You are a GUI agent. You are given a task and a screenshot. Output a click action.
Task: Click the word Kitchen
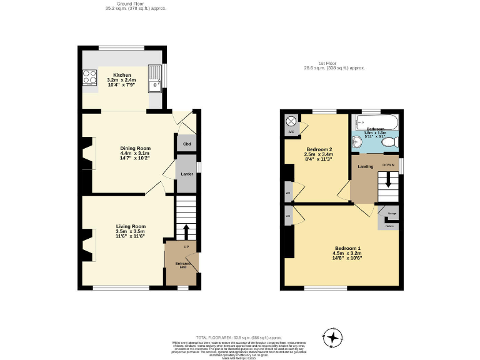coord(122,75)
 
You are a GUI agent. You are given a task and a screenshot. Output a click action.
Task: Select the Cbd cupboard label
coord(186,144)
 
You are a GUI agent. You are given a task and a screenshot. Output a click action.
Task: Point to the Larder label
coord(186,173)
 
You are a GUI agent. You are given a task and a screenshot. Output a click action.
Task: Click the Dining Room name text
coord(134,148)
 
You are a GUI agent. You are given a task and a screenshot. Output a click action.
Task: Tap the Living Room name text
coord(131,226)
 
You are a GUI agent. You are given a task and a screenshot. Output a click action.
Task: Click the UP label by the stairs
coord(186,246)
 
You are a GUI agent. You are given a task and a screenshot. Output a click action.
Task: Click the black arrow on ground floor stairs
coord(186,232)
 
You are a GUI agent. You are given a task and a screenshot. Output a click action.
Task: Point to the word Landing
coord(366,167)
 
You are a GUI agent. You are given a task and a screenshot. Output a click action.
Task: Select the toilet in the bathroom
coord(391,143)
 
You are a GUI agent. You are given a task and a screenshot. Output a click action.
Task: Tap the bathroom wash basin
coord(357,141)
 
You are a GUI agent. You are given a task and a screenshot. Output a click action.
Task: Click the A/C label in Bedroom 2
coord(291,132)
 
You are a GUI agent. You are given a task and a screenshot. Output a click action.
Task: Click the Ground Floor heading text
coord(136,4)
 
